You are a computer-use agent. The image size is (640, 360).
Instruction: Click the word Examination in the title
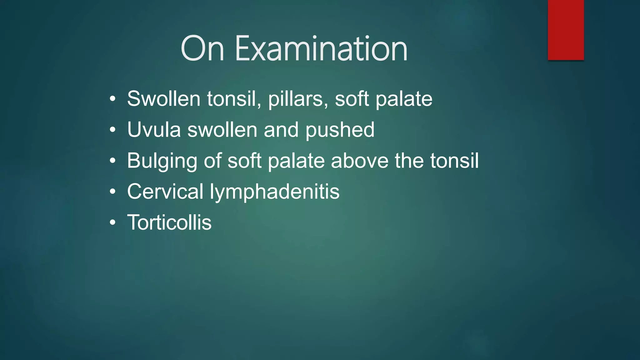click(x=321, y=49)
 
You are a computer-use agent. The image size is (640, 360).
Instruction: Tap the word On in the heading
click(x=202, y=49)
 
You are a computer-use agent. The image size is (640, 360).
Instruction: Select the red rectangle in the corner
click(x=566, y=30)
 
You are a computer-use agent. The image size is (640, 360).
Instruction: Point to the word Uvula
click(x=154, y=130)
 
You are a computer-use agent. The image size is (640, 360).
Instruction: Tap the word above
click(x=359, y=161)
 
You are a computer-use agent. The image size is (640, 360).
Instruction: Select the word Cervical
click(x=165, y=191)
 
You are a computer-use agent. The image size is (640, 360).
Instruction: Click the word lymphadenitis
click(x=274, y=192)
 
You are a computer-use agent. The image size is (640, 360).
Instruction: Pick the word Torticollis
click(x=169, y=222)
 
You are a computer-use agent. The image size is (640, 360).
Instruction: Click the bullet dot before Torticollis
click(x=113, y=223)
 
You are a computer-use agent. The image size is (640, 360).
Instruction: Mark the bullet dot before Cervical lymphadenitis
click(x=113, y=192)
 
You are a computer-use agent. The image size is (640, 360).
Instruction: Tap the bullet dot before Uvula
click(x=113, y=130)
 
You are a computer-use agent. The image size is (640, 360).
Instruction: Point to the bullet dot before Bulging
click(x=113, y=161)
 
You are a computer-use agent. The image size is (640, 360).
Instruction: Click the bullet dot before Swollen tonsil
click(x=113, y=99)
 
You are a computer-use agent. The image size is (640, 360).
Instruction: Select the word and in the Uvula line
click(x=281, y=130)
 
